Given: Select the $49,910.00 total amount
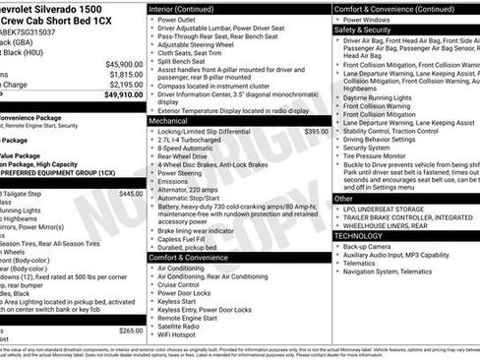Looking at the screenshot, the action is (122, 96).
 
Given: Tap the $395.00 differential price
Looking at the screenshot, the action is (316, 131).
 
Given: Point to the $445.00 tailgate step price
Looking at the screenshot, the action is (131, 194).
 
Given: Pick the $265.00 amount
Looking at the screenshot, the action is (131, 330).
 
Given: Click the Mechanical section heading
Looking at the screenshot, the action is (170, 119).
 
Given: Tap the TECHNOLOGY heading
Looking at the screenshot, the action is (358, 236).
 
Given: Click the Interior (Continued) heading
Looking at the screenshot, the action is (183, 8).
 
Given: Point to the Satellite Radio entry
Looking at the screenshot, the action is (183, 326).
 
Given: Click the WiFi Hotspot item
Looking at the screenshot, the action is (181, 335).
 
